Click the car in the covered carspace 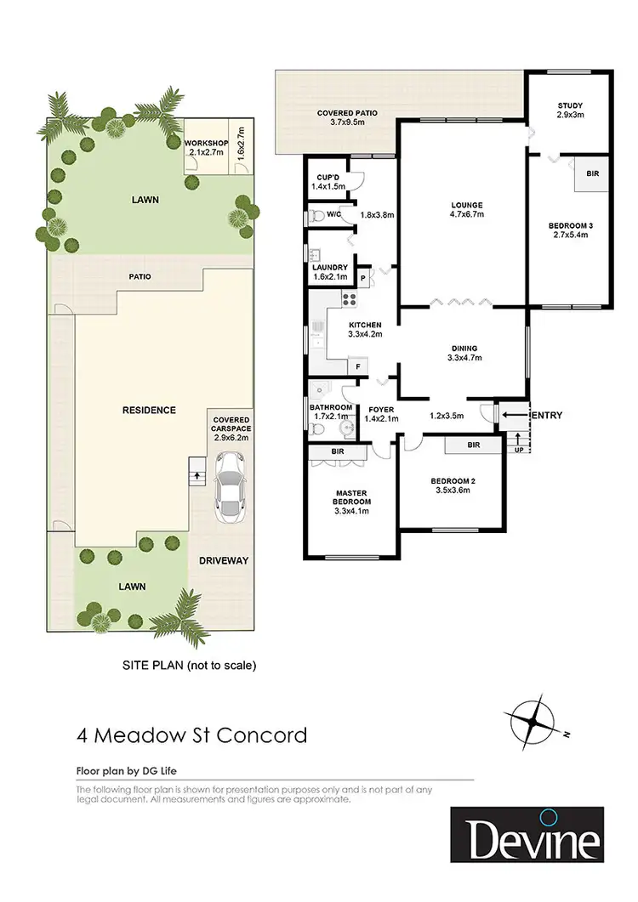tap(229, 489)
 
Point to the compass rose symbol tap(533, 721)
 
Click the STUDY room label tap(568, 108)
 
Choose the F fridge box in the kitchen tap(357, 366)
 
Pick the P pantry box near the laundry tap(364, 277)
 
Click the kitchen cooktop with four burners tap(347, 298)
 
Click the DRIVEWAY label tap(223, 561)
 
